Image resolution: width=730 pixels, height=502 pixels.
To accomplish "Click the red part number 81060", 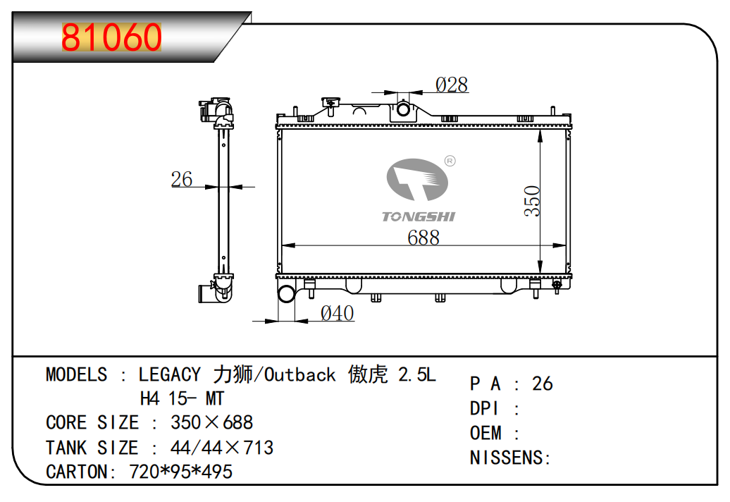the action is pos(111,37).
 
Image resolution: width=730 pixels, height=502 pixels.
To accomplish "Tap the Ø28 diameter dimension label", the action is pos(452,85).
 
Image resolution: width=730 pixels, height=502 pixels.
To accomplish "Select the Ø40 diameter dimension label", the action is pos(337,314).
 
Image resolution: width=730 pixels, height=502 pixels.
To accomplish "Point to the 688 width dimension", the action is pos(423,238).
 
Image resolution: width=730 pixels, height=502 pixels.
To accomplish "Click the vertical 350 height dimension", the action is pos(532,201).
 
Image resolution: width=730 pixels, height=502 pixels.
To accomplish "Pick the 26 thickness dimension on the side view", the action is pos(182,179).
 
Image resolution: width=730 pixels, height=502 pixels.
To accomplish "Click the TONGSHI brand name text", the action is pos(419,216).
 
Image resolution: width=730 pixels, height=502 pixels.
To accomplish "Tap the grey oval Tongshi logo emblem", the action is pos(417,179).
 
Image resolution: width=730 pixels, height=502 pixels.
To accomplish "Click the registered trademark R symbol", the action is pos(450,161).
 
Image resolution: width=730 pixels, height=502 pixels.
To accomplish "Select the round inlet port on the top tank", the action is pos(403,110).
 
